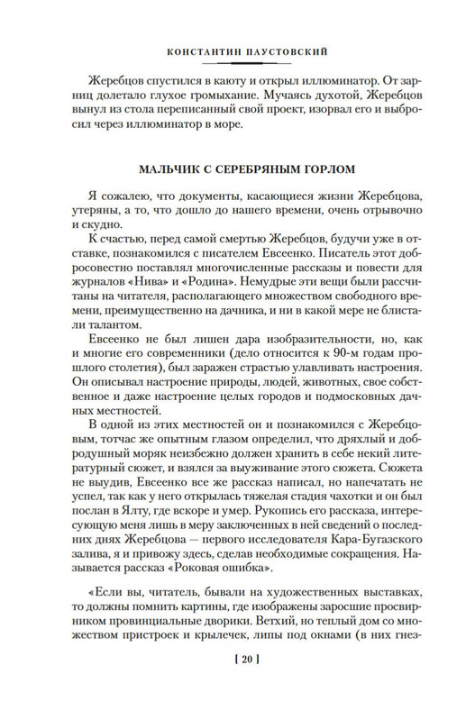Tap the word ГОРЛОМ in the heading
[327, 169]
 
